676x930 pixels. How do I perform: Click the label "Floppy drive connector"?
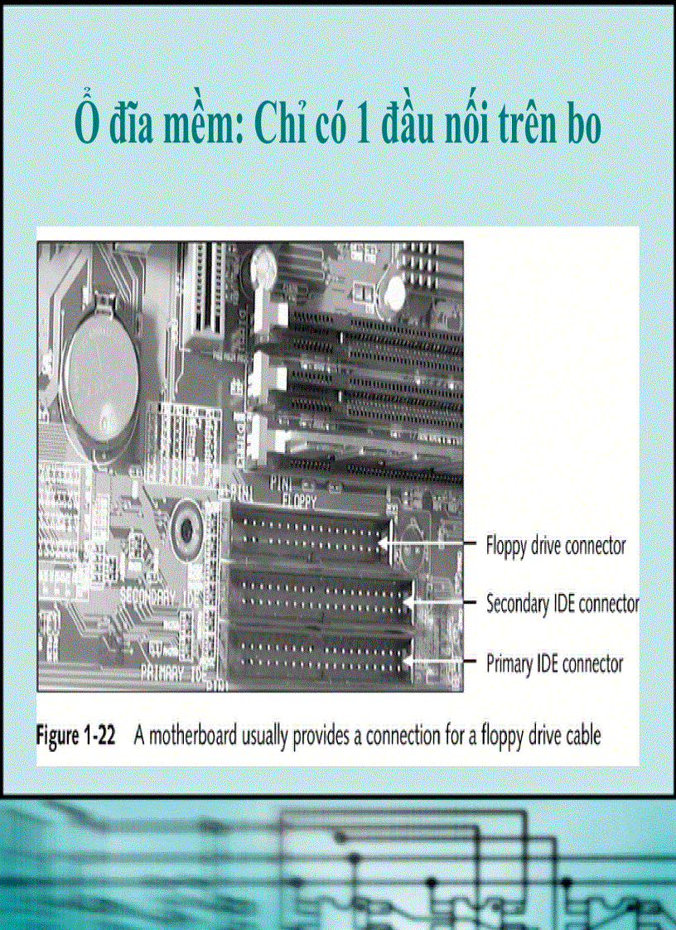coord(555,546)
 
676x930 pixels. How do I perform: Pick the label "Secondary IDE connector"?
coord(563,604)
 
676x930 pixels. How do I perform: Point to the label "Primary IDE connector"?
coord(554,663)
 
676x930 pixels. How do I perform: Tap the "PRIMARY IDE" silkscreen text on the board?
coord(172,669)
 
